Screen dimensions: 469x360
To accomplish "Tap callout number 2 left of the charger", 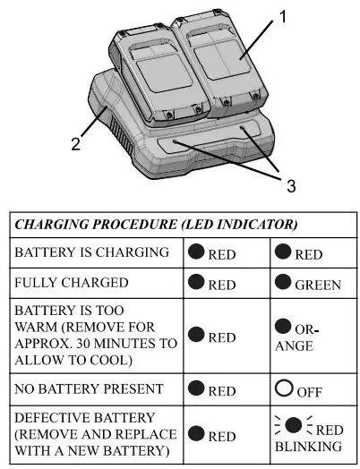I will pyautogui.click(x=77, y=142).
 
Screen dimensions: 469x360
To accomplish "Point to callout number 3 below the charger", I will pyautogui.click(x=289, y=184).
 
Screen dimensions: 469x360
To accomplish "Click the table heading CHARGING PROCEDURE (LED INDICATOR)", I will pyautogui.click(x=156, y=224).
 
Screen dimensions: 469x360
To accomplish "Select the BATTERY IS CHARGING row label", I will pyautogui.click(x=91, y=253).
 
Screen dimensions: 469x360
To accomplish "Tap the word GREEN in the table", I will pyautogui.click(x=319, y=286).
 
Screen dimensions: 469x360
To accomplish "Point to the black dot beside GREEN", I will pyautogui.click(x=286, y=284).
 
